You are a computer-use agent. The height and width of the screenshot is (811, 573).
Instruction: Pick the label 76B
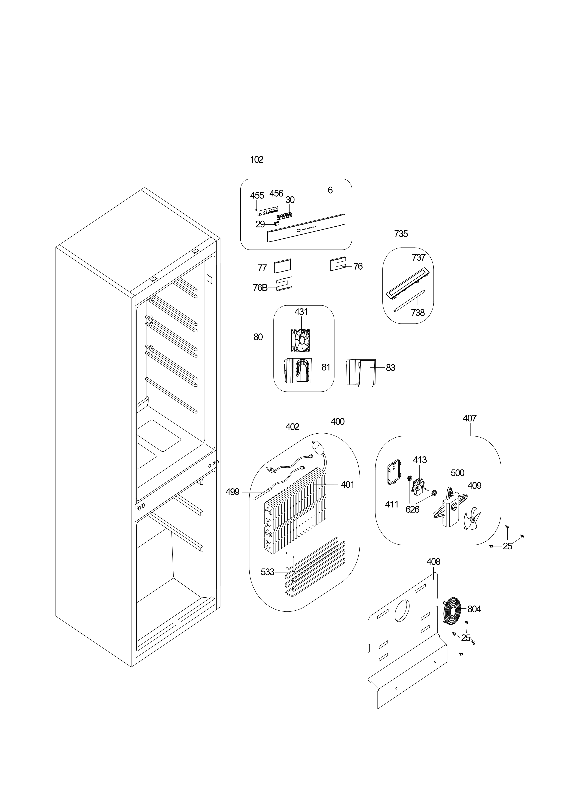coord(260,288)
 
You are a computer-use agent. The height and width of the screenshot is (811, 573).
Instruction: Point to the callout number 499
coord(232,492)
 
